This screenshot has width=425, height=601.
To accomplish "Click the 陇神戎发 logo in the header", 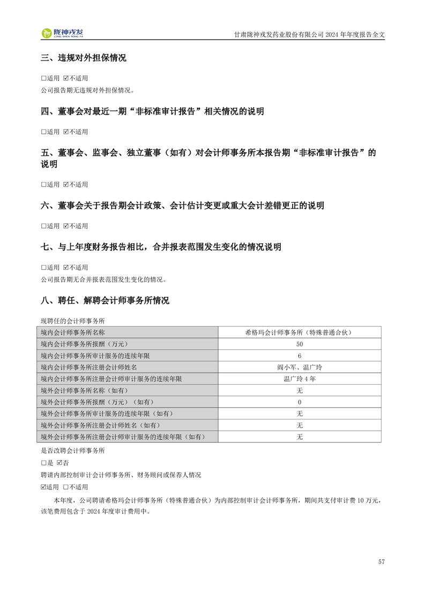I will point(63,33).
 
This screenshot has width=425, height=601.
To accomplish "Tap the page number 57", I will point(381,561).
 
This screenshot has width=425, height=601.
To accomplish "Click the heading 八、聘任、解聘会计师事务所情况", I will point(105,300).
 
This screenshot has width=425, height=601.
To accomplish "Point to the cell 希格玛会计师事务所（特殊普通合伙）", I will point(299,332).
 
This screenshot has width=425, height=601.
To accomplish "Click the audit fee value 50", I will point(299,344).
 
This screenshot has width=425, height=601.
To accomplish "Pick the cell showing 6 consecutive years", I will point(299,356).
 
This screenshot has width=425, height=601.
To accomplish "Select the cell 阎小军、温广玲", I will point(299,367).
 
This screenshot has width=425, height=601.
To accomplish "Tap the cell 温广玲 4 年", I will point(299,379).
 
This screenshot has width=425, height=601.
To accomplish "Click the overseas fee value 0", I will point(299,402).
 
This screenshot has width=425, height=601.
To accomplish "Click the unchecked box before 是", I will point(43,462).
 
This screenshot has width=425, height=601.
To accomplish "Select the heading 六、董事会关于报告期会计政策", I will point(182,206).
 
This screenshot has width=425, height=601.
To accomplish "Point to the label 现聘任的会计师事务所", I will point(73,320).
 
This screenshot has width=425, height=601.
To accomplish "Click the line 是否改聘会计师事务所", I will point(73,450).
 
